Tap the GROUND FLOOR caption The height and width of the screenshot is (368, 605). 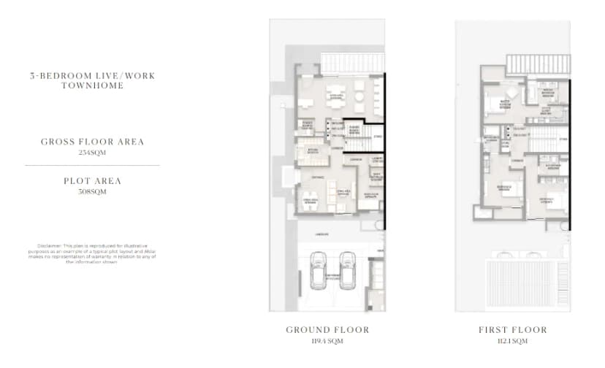327,330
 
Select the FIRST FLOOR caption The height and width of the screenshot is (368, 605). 512,330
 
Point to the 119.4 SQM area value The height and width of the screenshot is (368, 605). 327,341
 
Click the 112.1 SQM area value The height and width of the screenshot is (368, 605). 512,341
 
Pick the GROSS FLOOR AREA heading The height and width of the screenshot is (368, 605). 92,141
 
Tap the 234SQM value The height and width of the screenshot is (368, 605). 92,153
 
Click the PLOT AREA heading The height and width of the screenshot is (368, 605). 92,180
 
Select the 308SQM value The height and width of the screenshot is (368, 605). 92,192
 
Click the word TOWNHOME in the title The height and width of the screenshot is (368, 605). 92,85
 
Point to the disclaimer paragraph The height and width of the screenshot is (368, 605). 92,253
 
